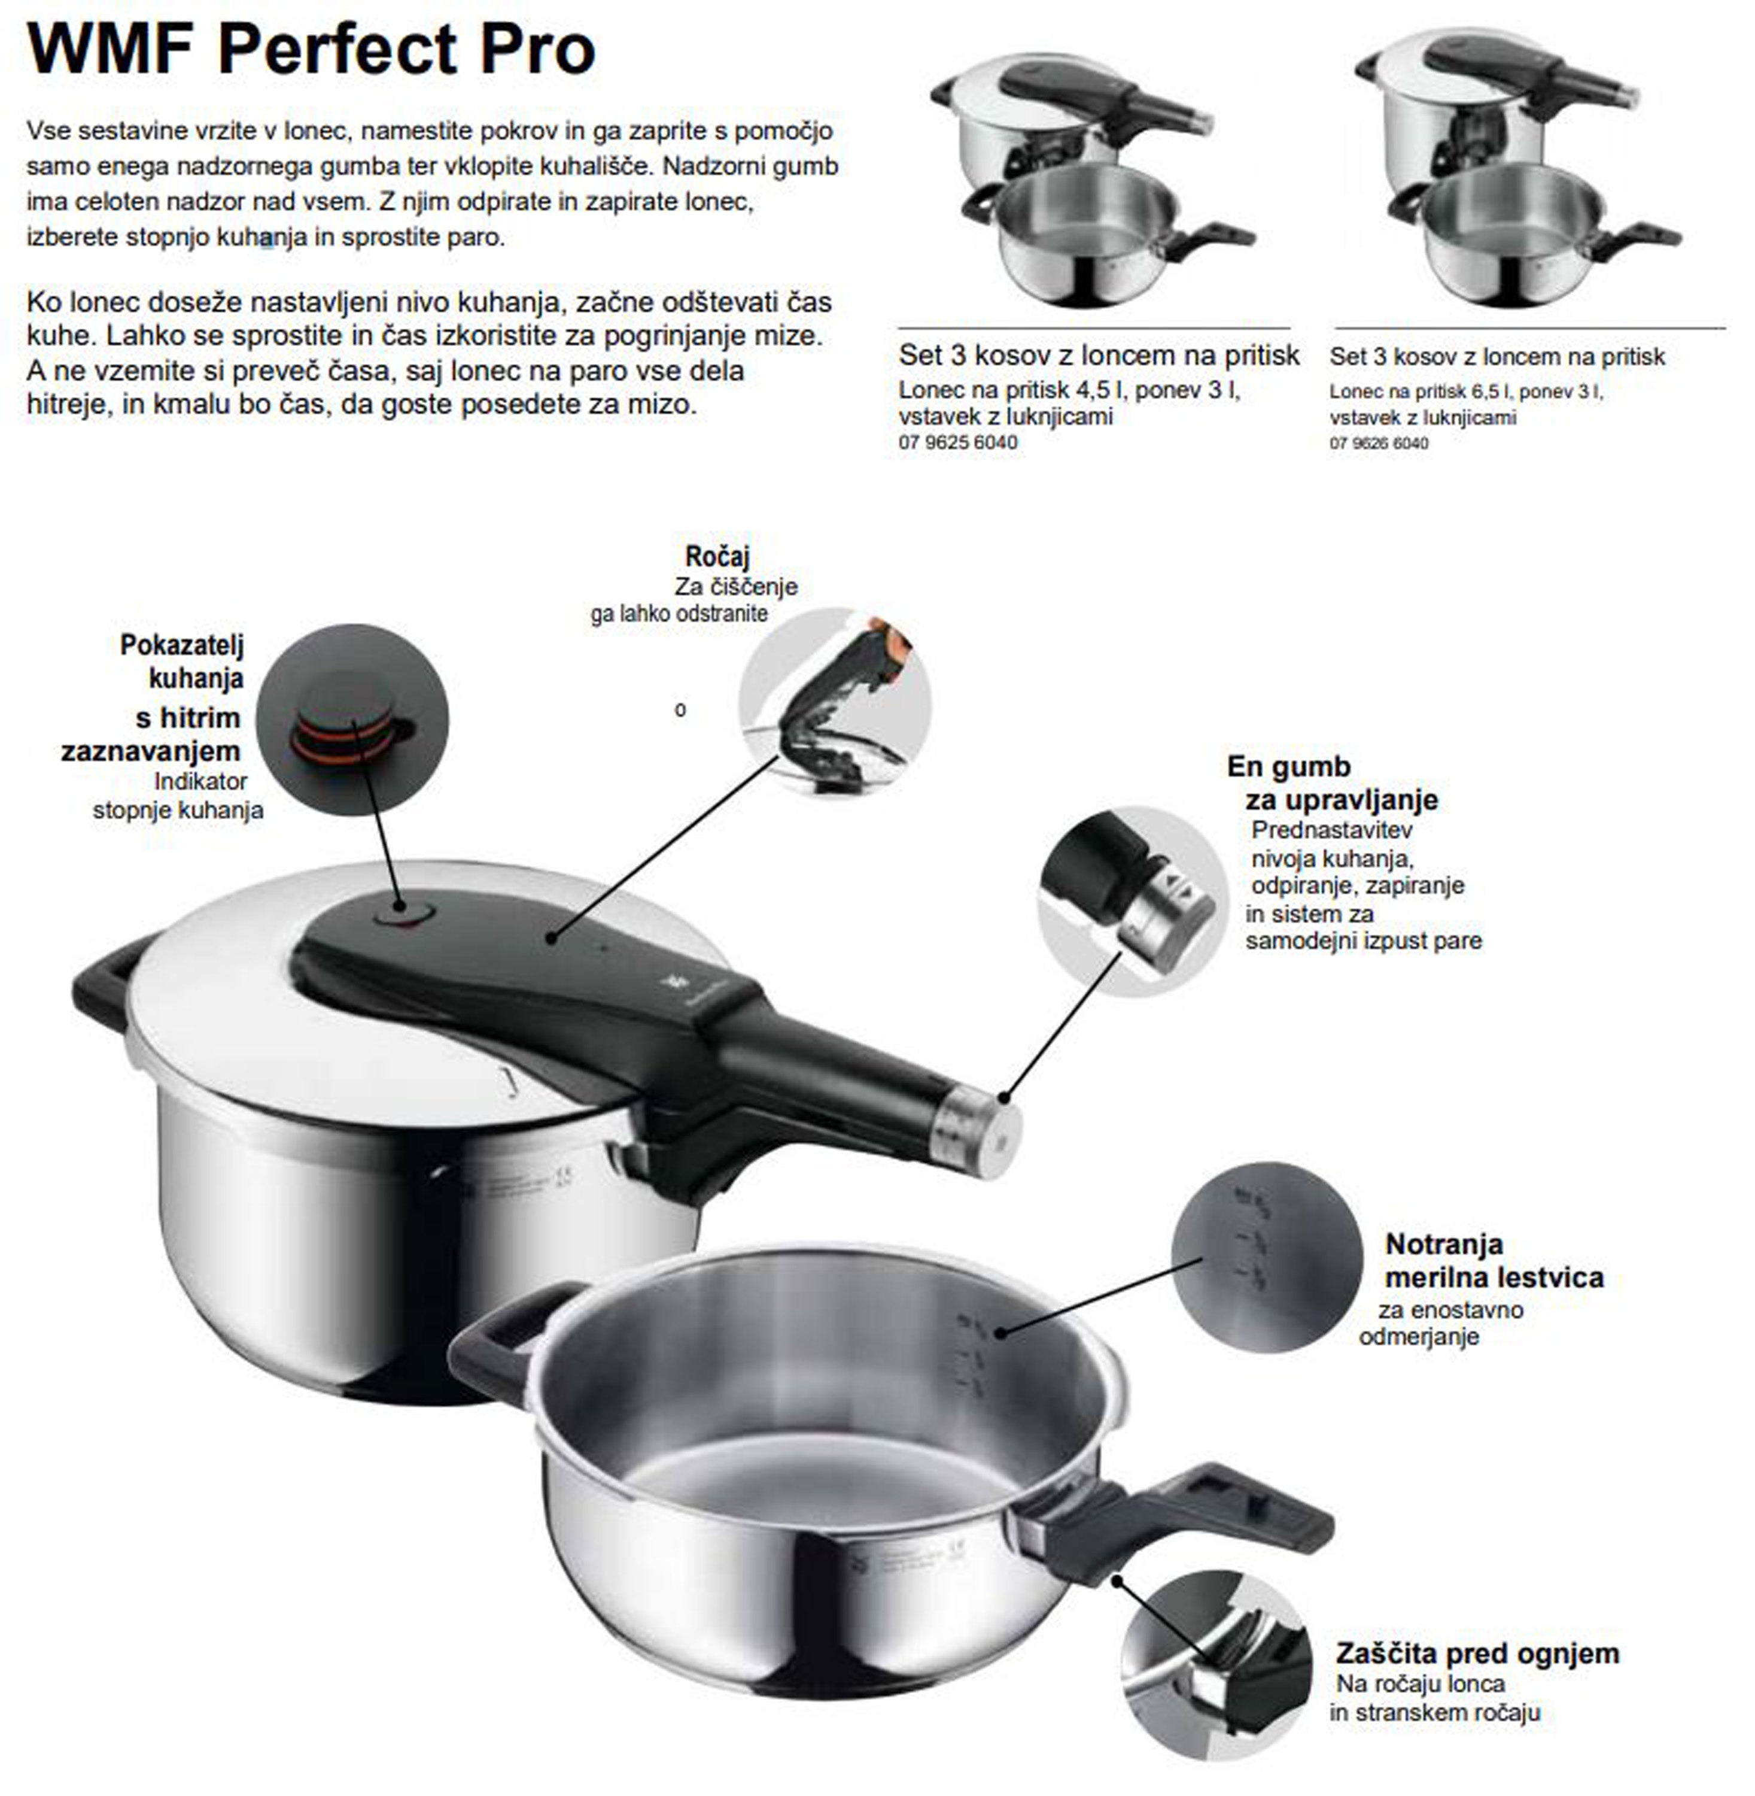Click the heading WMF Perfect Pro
click(312, 49)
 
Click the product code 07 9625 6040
click(958, 442)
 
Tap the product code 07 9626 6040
click(1379, 444)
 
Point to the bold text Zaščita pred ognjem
click(1477, 1653)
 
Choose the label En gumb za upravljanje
click(1333, 782)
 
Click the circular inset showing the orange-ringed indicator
click(352, 719)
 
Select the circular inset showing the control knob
click(1132, 901)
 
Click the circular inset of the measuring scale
click(1267, 1257)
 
